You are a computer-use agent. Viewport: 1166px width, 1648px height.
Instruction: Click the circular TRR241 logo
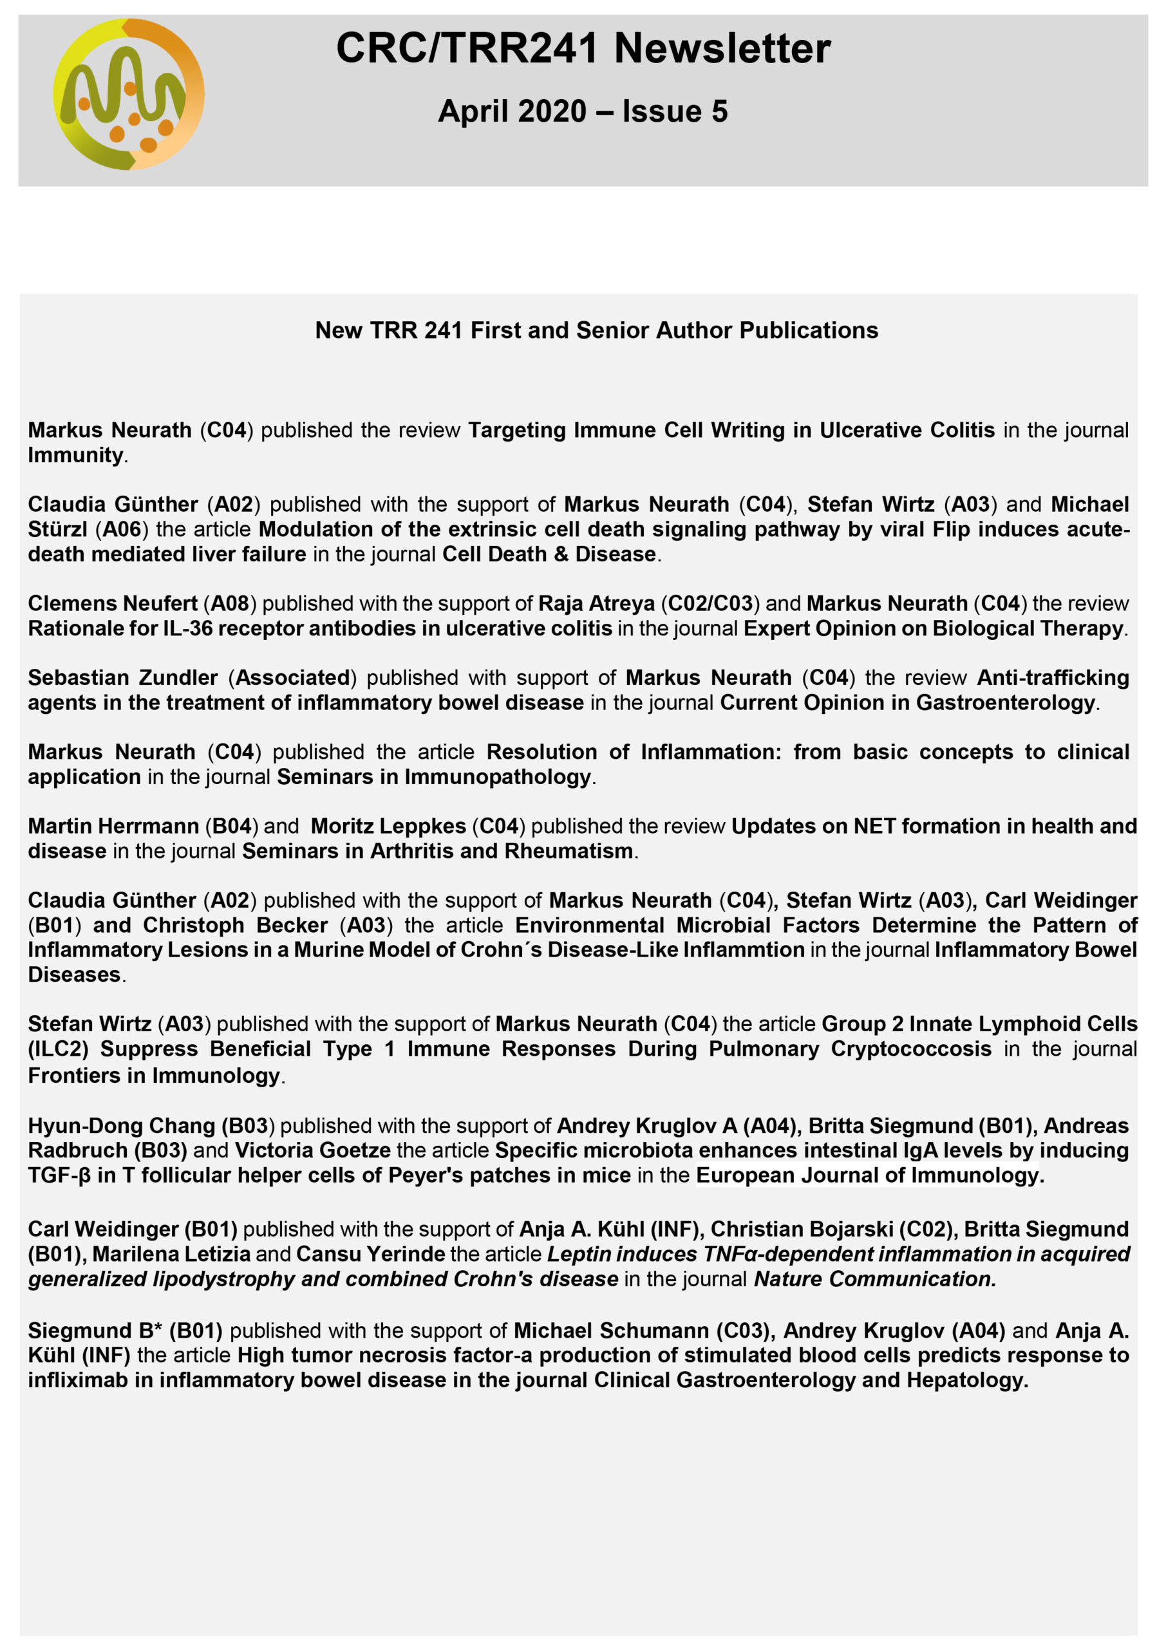tap(129, 94)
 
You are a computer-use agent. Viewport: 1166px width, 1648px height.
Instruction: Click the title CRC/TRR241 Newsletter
tap(583, 49)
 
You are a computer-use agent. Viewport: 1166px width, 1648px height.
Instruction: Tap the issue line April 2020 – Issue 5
tap(583, 111)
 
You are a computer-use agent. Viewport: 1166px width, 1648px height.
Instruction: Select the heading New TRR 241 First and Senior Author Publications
tap(596, 330)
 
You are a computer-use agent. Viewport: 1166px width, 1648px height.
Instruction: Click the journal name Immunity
tap(75, 455)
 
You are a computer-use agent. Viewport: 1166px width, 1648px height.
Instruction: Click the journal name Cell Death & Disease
tap(549, 554)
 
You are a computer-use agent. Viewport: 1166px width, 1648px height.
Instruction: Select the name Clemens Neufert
tap(113, 604)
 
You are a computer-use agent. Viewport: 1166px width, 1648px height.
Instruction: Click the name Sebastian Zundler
tap(123, 678)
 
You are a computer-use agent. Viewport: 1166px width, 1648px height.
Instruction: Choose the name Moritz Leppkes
tap(388, 826)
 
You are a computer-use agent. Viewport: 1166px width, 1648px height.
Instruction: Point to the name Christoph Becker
tap(236, 925)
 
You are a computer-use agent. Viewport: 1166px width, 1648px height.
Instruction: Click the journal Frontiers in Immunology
tap(154, 1075)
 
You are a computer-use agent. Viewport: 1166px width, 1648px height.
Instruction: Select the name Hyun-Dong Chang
tap(121, 1125)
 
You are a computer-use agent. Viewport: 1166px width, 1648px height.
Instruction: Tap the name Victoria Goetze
tap(312, 1150)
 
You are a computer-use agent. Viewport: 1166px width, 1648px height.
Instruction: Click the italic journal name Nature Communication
tap(873, 1278)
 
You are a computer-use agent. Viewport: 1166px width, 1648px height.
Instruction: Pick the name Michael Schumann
tap(611, 1330)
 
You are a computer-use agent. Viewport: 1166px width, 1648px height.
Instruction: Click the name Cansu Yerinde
tap(370, 1254)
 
